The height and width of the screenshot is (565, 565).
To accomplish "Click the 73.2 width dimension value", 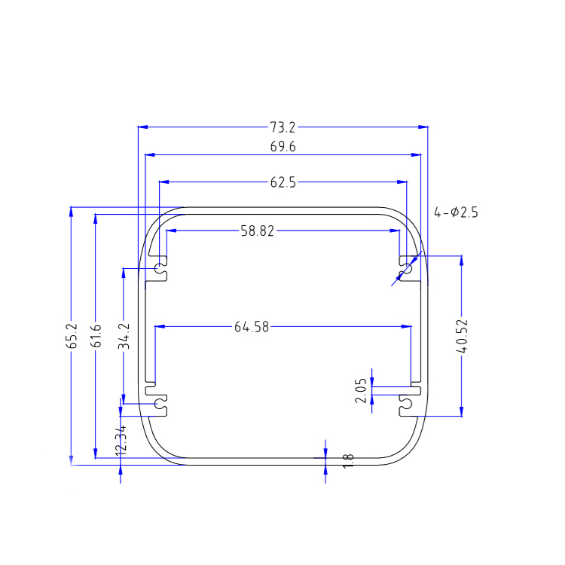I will click(x=282, y=127).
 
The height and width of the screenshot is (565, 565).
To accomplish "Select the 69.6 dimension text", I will click(x=282, y=148).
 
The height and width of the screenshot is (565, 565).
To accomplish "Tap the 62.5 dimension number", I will click(x=282, y=182).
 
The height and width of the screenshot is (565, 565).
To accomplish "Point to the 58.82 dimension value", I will click(x=258, y=232).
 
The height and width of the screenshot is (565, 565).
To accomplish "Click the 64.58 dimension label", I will click(x=252, y=327).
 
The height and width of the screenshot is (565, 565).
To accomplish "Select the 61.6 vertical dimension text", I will click(x=96, y=337).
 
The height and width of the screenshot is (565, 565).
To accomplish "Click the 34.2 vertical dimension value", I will click(x=124, y=335).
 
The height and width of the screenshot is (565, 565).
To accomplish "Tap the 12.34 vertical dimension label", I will click(x=121, y=439).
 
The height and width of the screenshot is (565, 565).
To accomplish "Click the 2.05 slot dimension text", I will click(x=361, y=391).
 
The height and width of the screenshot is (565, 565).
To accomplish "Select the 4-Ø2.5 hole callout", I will click(x=456, y=213).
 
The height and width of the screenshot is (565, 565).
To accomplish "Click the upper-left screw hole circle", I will click(x=160, y=269).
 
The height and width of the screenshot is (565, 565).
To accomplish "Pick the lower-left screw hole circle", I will click(x=160, y=405).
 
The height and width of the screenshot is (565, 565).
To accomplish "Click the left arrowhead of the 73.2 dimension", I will click(x=142, y=127).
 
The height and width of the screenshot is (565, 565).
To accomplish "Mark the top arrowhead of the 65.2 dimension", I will click(x=71, y=210).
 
